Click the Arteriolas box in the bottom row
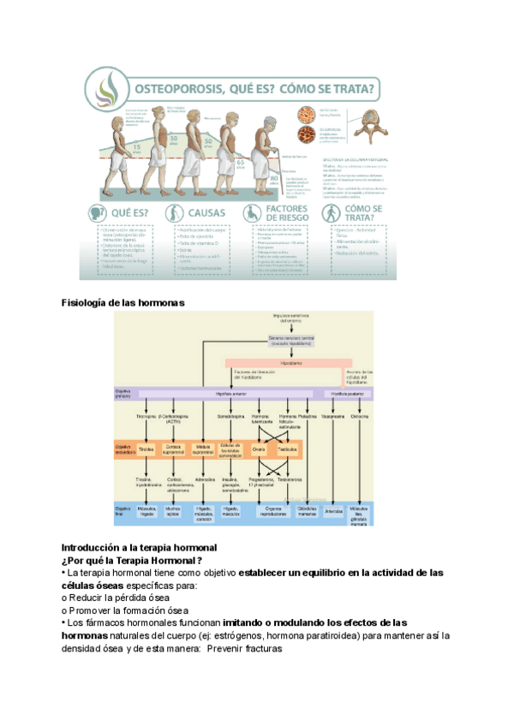click(x=334, y=511)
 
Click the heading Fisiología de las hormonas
click(x=123, y=302)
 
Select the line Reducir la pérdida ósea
click(x=118, y=597)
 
